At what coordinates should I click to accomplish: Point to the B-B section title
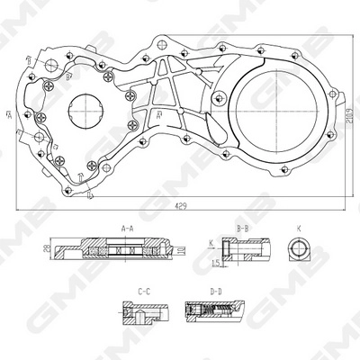point(242,228)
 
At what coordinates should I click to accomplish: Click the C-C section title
point(142,292)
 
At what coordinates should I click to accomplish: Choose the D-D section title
point(216,292)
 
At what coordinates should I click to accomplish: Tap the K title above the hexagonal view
point(298,228)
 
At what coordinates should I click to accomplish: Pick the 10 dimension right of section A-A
point(185,247)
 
